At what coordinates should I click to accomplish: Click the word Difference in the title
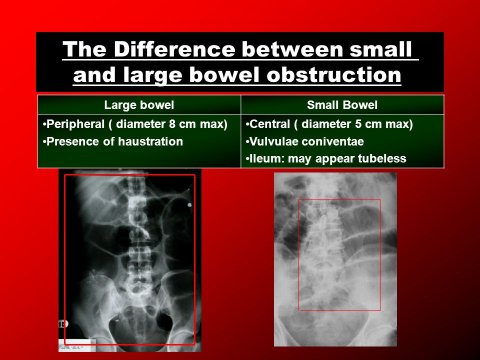(174, 49)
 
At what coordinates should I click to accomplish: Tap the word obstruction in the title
(334, 74)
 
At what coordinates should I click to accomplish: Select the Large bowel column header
(139, 105)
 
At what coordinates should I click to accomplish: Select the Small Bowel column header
(342, 105)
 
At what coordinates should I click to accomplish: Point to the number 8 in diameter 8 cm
(172, 124)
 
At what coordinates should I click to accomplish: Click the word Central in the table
(269, 124)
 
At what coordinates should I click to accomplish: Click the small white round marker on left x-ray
(190, 205)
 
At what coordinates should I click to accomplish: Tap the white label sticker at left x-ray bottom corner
(77, 345)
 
